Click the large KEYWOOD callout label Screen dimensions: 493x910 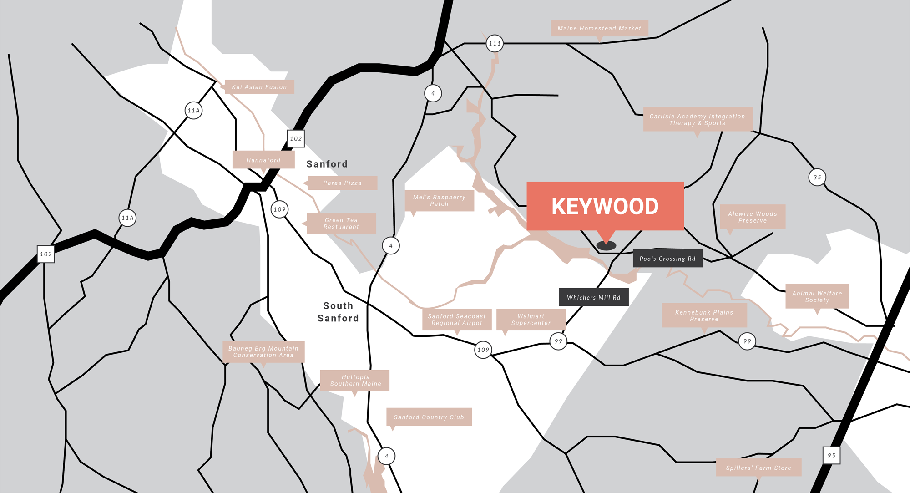(605, 206)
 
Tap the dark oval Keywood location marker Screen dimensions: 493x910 (606, 246)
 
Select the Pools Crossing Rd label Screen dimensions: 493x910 (667, 259)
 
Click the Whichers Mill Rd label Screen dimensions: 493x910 (593, 297)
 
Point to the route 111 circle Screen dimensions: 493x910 (495, 44)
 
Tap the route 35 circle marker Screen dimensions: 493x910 (817, 177)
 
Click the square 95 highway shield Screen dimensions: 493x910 (831, 455)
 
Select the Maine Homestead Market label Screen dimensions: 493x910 (599, 28)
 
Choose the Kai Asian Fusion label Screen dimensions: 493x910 (259, 87)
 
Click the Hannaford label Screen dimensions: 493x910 (263, 160)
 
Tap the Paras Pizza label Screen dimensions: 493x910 (342, 183)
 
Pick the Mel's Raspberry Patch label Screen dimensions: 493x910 (439, 200)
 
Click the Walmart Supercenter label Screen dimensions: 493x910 (531, 320)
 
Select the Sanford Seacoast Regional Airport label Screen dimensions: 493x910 (457, 320)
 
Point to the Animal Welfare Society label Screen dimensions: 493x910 (817, 296)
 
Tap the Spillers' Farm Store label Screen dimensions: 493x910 (758, 468)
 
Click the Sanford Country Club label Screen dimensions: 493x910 (429, 417)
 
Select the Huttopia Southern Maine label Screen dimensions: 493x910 (355, 380)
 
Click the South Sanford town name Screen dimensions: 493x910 (338, 312)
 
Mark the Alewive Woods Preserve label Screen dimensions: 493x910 (752, 217)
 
